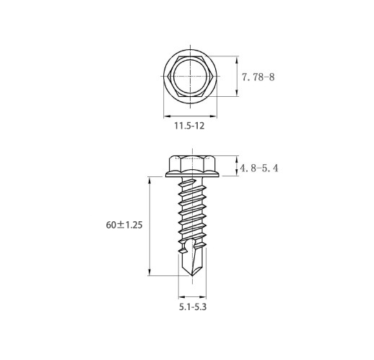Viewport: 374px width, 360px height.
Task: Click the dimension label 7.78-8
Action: coord(258,77)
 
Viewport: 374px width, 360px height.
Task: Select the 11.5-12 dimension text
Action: coord(189,126)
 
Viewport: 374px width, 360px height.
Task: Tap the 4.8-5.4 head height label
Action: coord(259,168)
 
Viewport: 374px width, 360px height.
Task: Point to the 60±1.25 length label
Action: coord(124,225)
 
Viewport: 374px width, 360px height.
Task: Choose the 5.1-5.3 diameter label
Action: coord(193,307)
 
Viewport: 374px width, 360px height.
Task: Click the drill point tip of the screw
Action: coord(192,276)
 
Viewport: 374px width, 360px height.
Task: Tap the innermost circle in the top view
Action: coord(190,77)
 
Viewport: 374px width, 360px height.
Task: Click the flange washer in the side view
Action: coord(192,174)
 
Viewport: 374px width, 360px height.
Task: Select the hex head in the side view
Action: coord(192,163)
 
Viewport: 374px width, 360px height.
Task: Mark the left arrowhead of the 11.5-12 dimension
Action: coord(167,116)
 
